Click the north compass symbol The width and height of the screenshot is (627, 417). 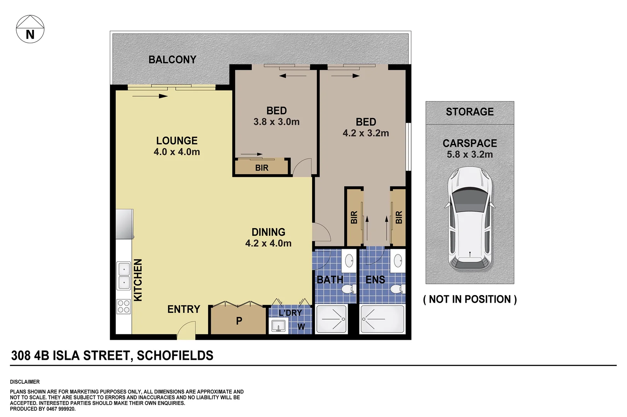[x=30, y=29]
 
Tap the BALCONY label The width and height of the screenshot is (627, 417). [x=173, y=60]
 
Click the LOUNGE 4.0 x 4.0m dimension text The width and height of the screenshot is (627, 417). [x=177, y=152]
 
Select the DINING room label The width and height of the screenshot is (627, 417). [x=268, y=232]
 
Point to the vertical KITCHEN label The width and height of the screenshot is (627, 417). [x=138, y=280]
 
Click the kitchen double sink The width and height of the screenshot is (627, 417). [x=124, y=276]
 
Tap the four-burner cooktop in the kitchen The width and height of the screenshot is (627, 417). [x=124, y=307]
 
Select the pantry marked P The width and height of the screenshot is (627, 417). [x=239, y=320]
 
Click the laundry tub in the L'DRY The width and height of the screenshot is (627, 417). [x=278, y=327]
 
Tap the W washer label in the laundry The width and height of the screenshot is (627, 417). [x=301, y=327]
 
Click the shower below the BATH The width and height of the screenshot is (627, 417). [x=332, y=319]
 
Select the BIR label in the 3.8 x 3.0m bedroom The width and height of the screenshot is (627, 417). [x=262, y=168]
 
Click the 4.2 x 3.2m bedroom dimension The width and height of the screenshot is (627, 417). [x=366, y=133]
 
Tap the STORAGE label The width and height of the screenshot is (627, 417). [x=470, y=112]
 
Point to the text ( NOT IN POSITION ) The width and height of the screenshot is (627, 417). [x=470, y=299]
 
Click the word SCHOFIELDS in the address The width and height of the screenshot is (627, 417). [x=175, y=356]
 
